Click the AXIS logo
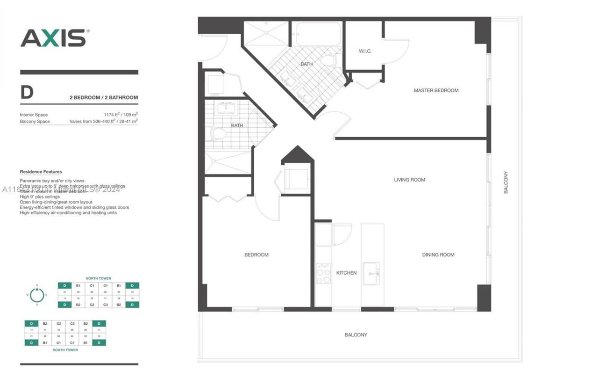point(54,38)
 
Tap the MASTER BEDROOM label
point(436,90)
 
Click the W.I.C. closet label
point(365,51)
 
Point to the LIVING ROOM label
point(409,180)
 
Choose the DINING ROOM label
point(438,255)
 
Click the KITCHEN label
point(346,273)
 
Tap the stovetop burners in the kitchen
point(323,274)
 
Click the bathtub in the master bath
point(318,34)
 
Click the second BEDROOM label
point(256,255)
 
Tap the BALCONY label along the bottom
point(356,335)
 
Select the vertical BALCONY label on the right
point(505,182)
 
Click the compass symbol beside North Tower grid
point(36,295)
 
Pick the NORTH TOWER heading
point(98,278)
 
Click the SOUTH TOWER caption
point(65,350)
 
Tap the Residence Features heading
point(41,172)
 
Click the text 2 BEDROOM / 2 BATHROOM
point(104,98)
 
